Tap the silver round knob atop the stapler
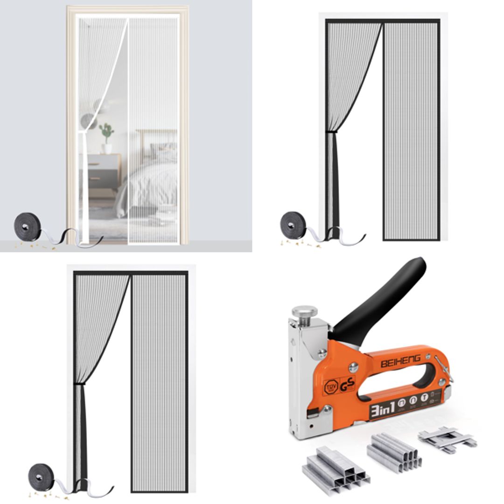point(305,312)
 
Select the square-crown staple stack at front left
point(335,466)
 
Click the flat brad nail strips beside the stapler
point(447,439)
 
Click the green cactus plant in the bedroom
point(107,132)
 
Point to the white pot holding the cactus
point(107,148)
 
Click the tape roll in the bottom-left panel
point(41,476)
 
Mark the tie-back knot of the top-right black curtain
point(331,133)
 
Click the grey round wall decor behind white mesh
point(87,120)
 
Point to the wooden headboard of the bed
point(156,138)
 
